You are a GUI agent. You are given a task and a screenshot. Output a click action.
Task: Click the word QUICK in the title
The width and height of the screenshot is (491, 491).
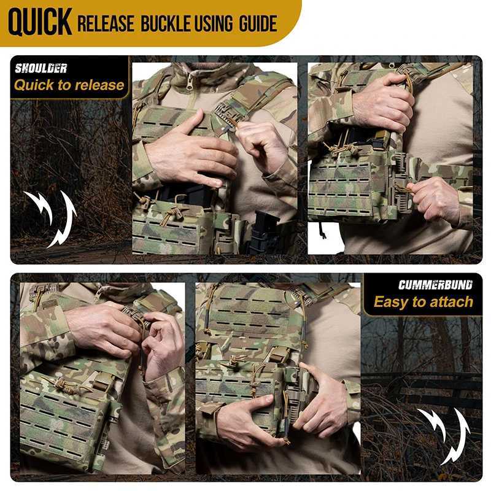pos(40,23)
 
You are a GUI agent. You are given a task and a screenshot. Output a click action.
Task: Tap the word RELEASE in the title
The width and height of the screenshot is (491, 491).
pos(106,24)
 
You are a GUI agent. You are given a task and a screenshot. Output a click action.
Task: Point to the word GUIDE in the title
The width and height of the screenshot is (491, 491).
pos(258,24)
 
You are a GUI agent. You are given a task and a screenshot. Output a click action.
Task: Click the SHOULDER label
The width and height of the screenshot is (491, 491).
pos(41,69)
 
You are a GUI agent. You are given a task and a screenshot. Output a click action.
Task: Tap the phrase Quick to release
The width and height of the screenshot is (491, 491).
pos(69,85)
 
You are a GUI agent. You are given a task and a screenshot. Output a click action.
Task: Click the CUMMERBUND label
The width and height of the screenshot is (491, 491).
pos(435,285)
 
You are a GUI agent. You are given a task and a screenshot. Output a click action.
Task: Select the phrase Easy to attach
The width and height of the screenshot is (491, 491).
pos(423,302)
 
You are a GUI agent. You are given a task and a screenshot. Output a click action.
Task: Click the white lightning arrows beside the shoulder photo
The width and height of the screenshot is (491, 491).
pos(52,218)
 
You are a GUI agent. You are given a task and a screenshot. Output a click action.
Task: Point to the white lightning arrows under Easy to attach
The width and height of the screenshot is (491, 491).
pos(444,436)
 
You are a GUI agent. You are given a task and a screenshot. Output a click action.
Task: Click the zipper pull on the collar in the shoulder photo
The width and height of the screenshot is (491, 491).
pos(189,82)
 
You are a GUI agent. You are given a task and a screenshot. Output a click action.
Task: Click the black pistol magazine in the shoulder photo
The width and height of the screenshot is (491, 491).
pos(265,232)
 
